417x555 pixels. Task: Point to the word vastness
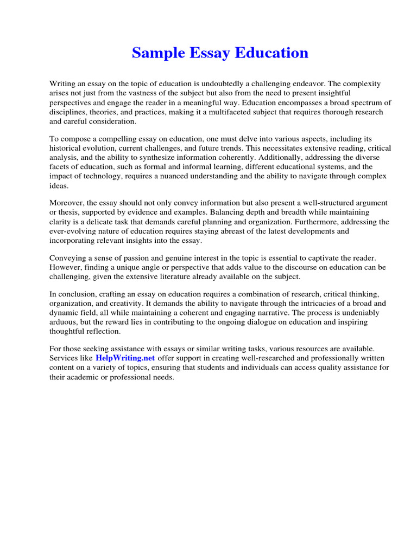(x=142, y=93)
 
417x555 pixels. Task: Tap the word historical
(x=66, y=149)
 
